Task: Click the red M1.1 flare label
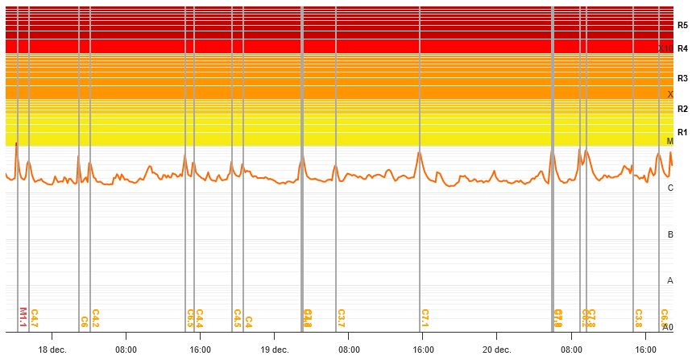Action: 23,317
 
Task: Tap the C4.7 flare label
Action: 35,317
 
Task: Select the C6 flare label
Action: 84,321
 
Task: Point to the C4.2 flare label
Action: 95,317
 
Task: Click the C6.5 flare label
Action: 190,317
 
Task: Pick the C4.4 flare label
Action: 199,317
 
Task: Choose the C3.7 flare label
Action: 341,317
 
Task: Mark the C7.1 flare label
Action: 425,317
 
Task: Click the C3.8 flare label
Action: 638,317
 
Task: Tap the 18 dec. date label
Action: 52,350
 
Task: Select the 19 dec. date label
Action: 275,350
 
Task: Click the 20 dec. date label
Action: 497,350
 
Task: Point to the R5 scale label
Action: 682,26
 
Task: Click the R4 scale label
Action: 682,48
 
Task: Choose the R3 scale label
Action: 682,78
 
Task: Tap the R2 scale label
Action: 682,109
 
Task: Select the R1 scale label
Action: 682,132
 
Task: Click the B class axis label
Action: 670,234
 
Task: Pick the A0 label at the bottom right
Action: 668,327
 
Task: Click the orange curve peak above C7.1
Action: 419,151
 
